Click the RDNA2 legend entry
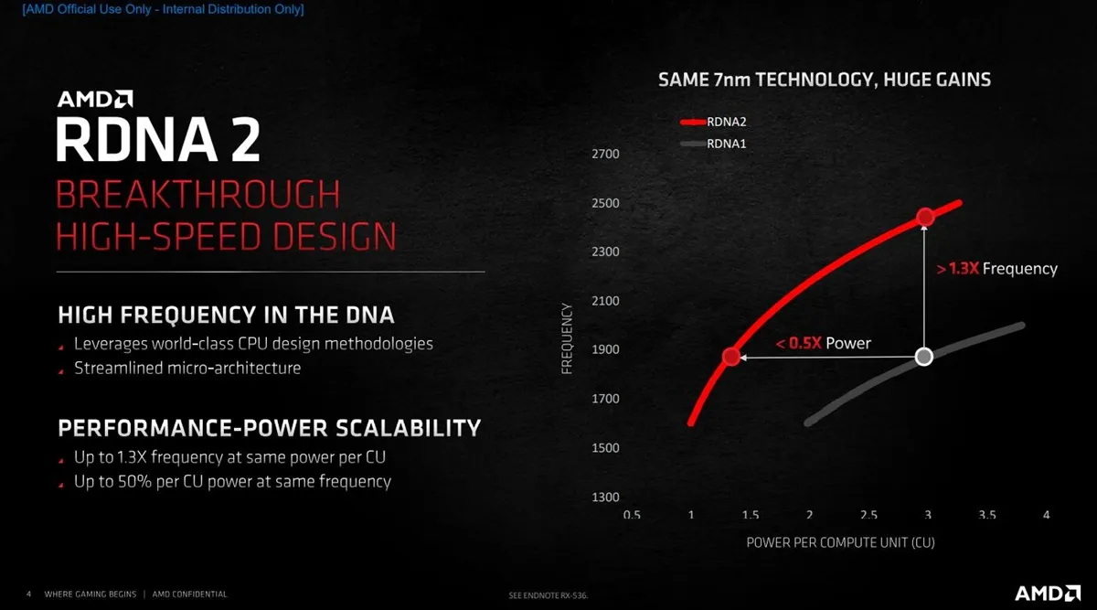coord(714,122)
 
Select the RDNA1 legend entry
coord(714,144)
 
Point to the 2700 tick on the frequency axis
coord(605,154)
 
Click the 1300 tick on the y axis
coord(605,497)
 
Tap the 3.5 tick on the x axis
coord(986,515)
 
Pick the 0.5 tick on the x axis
coord(632,515)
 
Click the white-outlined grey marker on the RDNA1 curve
coord(924,357)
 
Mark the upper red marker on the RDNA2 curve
coord(925,217)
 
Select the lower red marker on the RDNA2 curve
coord(731,356)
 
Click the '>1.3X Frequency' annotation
coord(996,269)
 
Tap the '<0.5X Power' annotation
coord(824,343)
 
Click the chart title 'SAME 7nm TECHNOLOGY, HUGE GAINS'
coord(825,80)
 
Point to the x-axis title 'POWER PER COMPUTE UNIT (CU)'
coord(840,542)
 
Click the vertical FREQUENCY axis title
coord(567,338)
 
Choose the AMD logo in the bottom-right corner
coord(1048,593)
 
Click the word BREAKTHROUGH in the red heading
coord(197,195)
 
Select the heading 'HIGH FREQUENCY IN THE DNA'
coord(226,315)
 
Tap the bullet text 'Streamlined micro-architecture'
coord(187,368)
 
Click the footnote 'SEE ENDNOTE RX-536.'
coord(548,595)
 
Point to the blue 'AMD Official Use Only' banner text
coord(163,9)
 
